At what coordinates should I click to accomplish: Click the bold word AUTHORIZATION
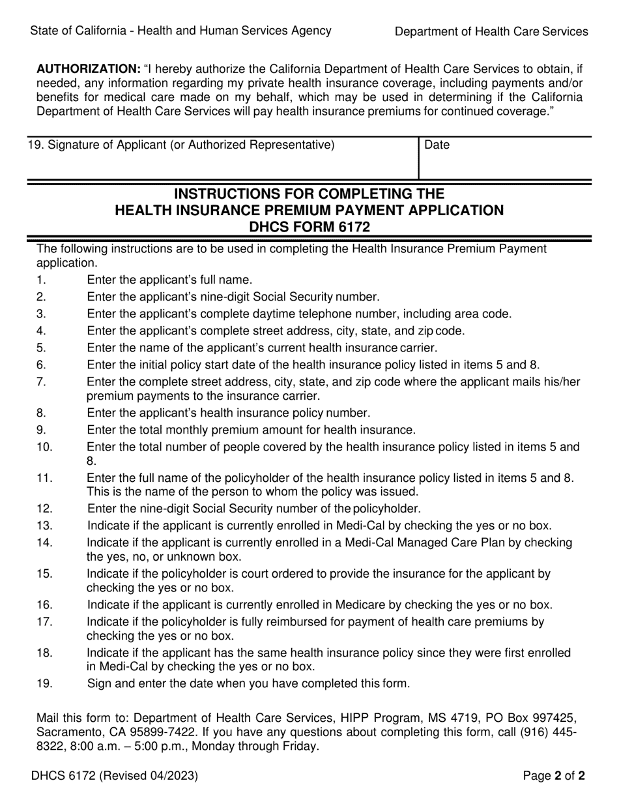click(88, 68)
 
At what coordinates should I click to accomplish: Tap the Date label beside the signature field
click(437, 145)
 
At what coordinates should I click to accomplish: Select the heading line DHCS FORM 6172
click(309, 227)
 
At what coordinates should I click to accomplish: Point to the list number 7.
click(42, 381)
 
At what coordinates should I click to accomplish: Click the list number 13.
click(44, 526)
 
